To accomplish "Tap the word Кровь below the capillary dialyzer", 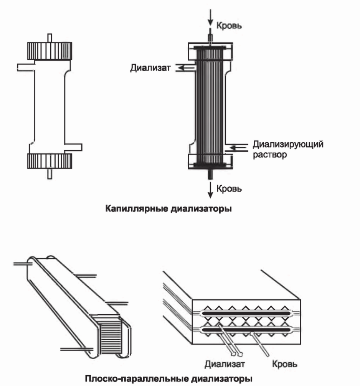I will pos(230,189).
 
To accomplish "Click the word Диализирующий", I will pos(288,145).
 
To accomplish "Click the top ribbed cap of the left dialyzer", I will pos(49,50).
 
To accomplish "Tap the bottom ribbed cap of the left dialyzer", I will pos(49,161).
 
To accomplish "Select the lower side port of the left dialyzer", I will pos(74,147).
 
